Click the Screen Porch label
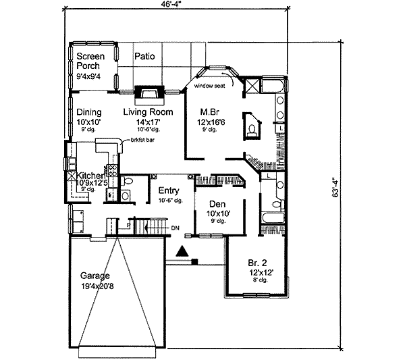88,61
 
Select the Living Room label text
148,112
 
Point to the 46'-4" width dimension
171,6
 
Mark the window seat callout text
209,86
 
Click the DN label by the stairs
174,228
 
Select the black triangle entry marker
182,252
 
